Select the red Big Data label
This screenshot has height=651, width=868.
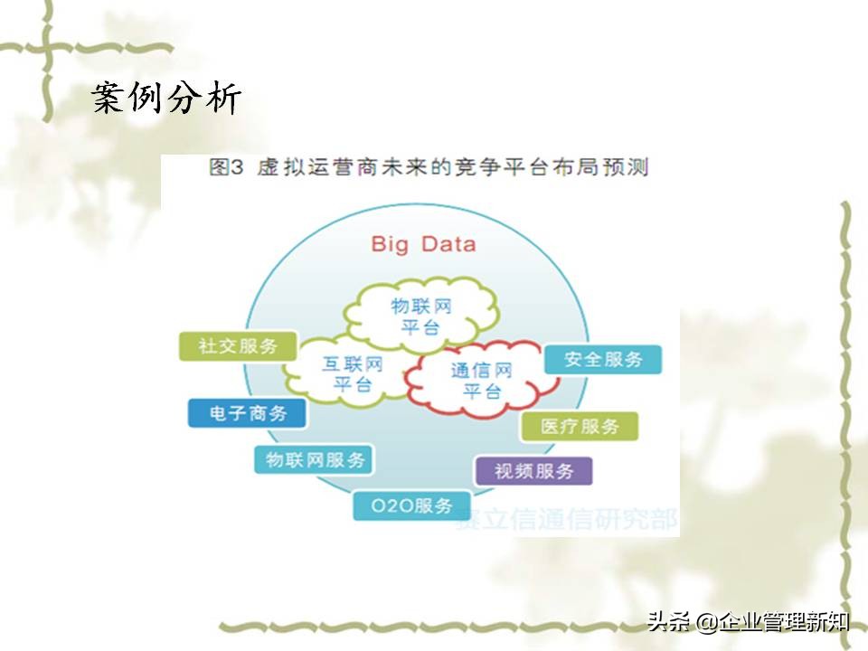(x=423, y=243)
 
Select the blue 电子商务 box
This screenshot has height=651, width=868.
(x=247, y=413)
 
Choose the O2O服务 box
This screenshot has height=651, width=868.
(x=412, y=505)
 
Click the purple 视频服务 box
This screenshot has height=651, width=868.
(x=533, y=471)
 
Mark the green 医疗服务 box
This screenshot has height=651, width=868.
(x=580, y=426)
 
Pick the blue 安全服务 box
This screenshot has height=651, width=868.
(x=603, y=359)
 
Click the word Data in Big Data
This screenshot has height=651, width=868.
(x=448, y=243)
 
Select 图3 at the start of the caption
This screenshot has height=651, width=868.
(x=222, y=168)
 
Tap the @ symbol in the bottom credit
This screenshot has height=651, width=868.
(x=706, y=622)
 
